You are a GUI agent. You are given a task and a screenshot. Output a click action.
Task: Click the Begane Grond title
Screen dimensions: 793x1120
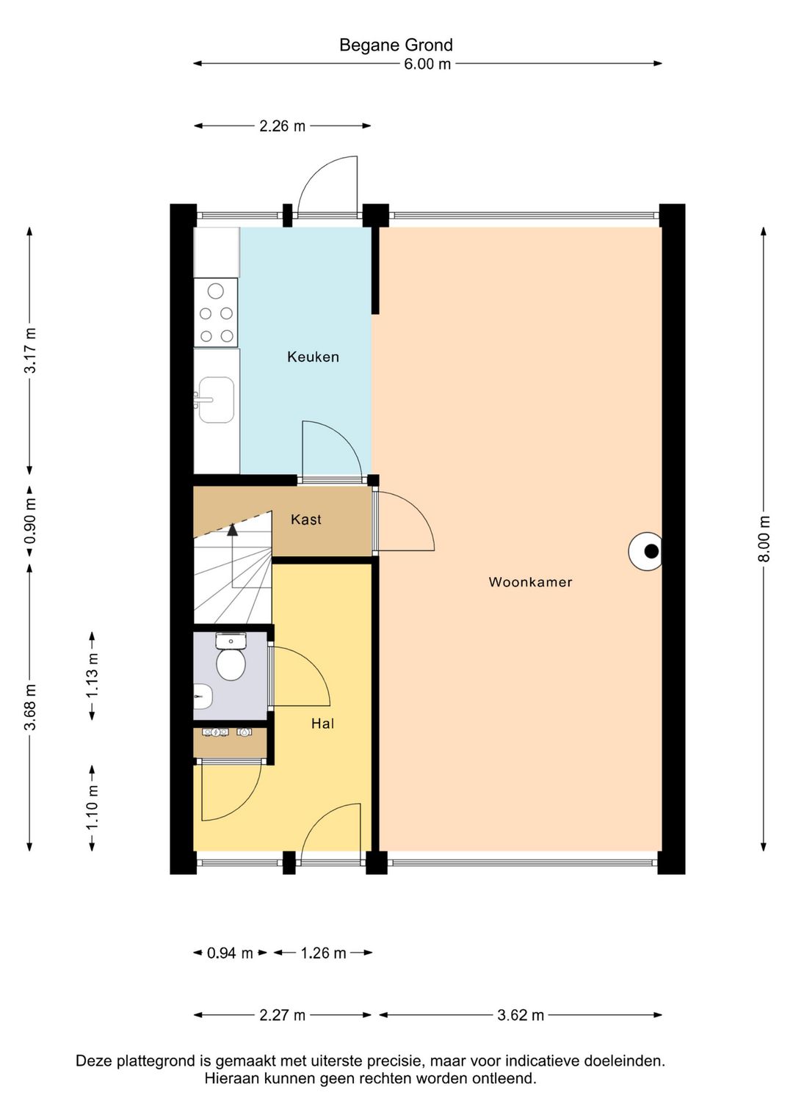point(396,45)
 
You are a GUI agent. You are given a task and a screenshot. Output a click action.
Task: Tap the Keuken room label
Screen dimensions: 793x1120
point(314,357)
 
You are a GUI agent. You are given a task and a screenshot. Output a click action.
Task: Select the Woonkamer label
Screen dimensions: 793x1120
point(530,581)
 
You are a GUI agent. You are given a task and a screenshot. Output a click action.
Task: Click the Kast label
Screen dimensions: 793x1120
point(305,519)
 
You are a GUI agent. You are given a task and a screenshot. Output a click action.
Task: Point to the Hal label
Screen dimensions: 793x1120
point(322,723)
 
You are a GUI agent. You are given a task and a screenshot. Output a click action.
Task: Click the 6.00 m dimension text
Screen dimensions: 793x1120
point(427,64)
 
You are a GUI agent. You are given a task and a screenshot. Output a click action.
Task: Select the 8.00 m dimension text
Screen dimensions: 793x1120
point(764,539)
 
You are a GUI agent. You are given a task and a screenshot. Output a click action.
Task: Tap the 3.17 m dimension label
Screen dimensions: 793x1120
point(30,350)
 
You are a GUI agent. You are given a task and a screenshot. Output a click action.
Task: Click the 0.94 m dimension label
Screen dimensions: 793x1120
point(230,953)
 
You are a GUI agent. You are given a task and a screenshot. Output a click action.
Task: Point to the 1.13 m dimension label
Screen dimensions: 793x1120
point(92,677)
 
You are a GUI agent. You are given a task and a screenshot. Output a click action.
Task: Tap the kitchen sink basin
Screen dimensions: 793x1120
point(217,399)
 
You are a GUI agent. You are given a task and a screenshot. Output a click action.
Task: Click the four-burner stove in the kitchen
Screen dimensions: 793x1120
point(216,313)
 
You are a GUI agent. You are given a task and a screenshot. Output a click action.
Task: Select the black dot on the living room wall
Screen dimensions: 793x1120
point(651,551)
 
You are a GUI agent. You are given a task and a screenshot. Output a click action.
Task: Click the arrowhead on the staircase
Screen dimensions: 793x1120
point(232,529)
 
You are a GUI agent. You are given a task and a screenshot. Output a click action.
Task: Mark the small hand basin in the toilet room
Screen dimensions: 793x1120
point(203,696)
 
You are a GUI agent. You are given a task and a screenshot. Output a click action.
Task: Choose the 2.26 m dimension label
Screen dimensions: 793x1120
point(282,126)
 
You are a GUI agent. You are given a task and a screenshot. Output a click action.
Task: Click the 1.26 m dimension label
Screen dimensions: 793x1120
point(323,953)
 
